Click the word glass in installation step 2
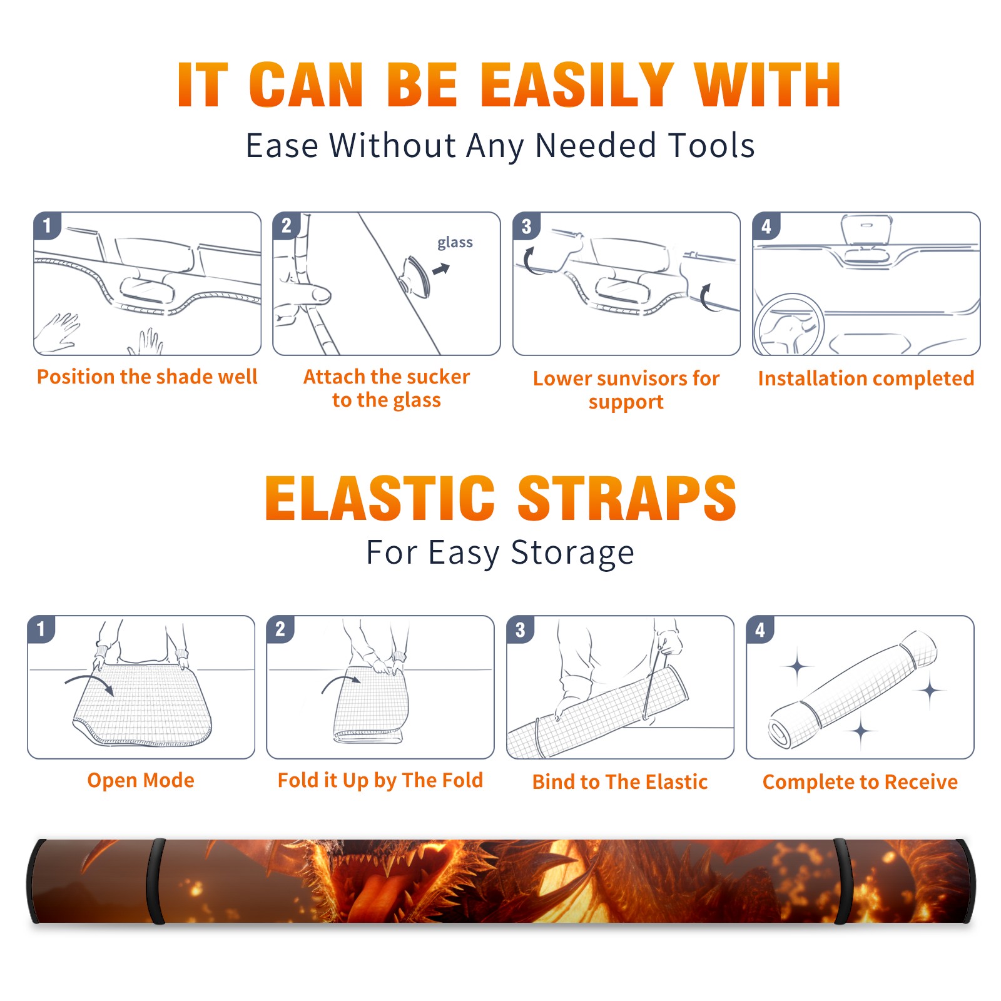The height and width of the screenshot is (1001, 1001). coord(455,242)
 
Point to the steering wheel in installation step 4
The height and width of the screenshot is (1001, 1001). coord(789,325)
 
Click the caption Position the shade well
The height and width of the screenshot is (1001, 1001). coord(147,377)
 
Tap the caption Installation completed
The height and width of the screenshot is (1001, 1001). coord(866,378)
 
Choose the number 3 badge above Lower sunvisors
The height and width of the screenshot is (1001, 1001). coord(526,226)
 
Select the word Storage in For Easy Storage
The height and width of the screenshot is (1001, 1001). coord(572,552)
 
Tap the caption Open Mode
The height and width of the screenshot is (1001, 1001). coord(141,780)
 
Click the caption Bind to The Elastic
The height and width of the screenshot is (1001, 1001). coord(620,782)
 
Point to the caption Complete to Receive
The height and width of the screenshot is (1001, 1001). coord(860,782)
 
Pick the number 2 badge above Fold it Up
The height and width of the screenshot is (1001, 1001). coord(280,629)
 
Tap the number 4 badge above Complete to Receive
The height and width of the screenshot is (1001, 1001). coord(760,629)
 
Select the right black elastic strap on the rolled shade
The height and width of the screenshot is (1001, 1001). coord(842,881)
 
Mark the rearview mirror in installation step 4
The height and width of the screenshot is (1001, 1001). coord(866,230)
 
